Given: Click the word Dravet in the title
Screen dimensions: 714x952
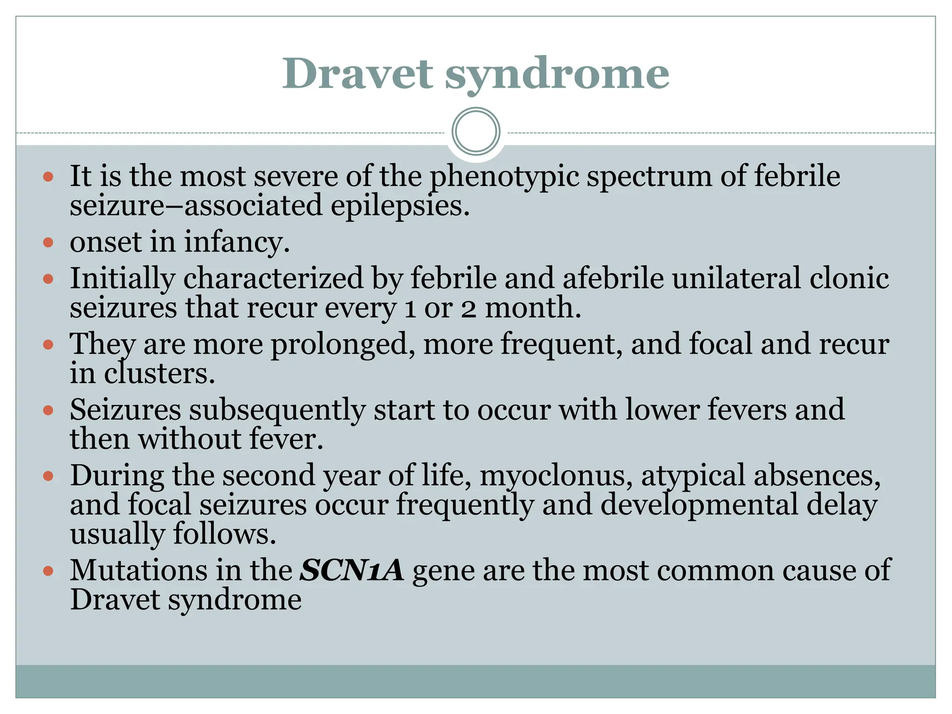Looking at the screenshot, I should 358,74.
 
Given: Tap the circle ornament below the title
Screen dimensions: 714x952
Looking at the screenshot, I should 476,132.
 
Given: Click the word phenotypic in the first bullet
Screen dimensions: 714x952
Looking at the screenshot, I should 504,178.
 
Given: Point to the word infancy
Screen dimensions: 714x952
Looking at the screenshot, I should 236,243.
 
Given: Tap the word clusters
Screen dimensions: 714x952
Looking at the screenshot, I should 159,374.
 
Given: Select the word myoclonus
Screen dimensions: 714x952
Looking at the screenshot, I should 555,476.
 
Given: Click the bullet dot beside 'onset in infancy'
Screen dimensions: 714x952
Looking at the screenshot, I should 48,242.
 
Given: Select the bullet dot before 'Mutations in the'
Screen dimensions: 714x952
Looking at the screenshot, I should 48,571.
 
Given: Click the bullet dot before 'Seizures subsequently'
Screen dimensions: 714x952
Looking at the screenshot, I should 48,410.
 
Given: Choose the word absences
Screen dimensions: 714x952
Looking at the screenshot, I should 817,476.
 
